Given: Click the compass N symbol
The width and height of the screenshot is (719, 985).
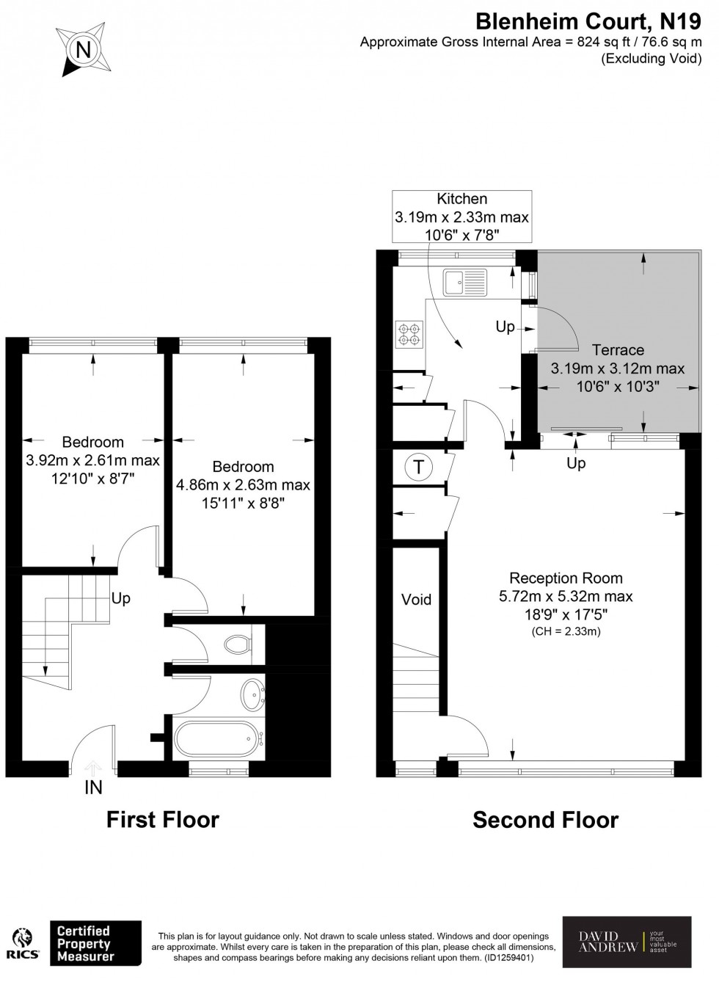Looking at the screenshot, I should (x=84, y=50).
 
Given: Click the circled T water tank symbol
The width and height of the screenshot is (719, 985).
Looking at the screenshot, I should (x=418, y=467).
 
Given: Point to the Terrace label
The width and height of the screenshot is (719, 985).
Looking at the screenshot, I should (x=618, y=350).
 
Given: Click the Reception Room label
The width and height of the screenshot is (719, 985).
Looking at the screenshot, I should (x=566, y=578).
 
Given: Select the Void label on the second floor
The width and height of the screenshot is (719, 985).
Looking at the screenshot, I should (x=416, y=600).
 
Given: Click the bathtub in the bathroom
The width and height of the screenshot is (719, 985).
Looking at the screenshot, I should (x=218, y=738).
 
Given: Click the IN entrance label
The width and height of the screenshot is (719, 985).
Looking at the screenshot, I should (x=93, y=788).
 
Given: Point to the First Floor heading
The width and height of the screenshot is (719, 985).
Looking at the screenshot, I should (x=163, y=820).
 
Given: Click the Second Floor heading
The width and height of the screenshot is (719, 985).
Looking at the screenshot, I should (x=545, y=820).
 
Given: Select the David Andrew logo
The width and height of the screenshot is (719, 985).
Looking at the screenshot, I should (x=627, y=942).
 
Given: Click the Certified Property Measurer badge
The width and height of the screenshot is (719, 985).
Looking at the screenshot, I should (x=95, y=943).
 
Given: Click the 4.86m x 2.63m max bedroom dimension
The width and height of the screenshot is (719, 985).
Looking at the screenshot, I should (x=243, y=485).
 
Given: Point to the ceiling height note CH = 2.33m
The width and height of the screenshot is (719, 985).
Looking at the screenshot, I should (x=566, y=631).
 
